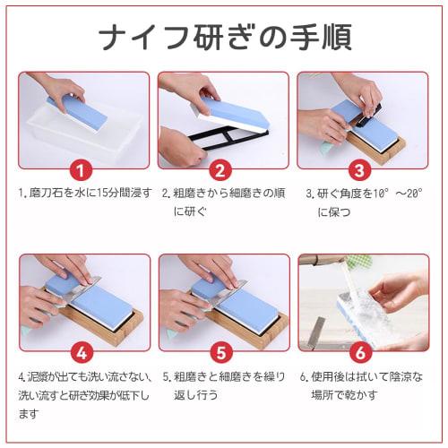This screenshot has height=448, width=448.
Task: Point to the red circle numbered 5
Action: tap(220, 352)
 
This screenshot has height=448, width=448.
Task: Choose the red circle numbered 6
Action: tap(358, 352)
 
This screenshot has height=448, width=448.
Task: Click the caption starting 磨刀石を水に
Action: tap(83, 193)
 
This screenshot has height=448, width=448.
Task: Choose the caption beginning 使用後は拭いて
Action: tap(363, 385)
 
